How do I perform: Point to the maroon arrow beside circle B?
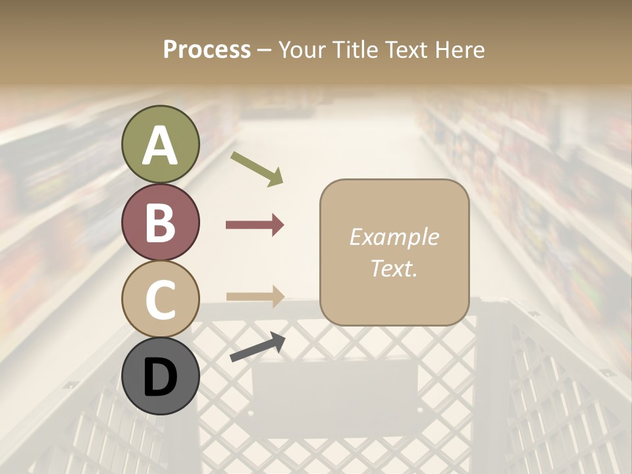pos(255,225)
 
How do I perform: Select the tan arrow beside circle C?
pos(255,296)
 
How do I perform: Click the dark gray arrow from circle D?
pos(257,347)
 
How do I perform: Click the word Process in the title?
pos(207,50)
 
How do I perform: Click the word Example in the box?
pos(394,237)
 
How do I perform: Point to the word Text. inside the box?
pos(394,269)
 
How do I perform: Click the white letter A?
pos(161,145)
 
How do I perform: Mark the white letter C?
pos(161,300)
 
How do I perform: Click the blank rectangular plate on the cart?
pos(334,388)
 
